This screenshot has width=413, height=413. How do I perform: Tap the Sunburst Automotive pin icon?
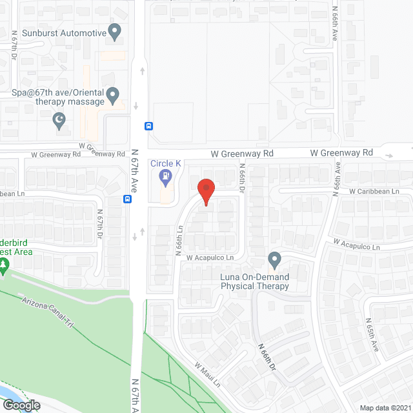point(115,31)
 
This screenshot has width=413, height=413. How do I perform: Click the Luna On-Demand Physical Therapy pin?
point(274,260)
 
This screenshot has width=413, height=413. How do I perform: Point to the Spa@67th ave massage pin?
point(113,96)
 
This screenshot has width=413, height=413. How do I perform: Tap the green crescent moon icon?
point(60,120)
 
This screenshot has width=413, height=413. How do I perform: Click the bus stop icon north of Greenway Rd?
point(148,126)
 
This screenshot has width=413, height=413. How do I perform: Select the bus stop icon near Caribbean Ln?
point(128,199)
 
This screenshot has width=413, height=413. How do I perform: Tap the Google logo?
point(21,405)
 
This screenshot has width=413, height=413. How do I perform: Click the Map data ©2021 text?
point(385,407)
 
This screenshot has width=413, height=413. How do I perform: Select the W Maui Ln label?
point(208,374)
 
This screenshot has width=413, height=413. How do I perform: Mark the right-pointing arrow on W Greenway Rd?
point(390,156)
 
